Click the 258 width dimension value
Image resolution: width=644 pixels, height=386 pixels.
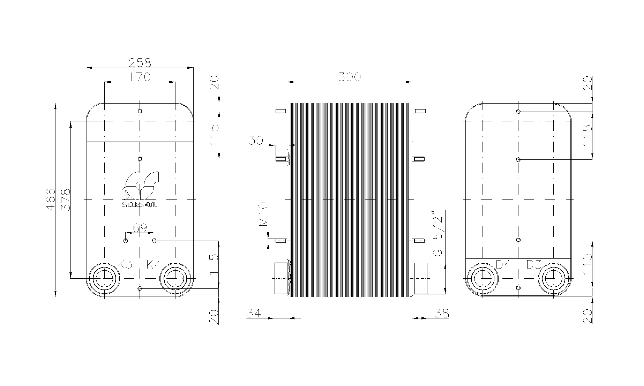[x=140, y=63]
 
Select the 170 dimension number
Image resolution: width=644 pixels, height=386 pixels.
[x=140, y=77]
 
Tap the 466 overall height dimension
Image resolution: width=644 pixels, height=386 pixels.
[x=51, y=199]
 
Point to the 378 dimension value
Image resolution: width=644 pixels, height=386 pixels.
[x=65, y=199]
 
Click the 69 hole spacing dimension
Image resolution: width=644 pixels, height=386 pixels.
[x=140, y=228]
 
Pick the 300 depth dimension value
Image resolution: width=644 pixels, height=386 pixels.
[x=350, y=77]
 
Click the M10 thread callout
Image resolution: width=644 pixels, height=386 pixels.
[x=263, y=214]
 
